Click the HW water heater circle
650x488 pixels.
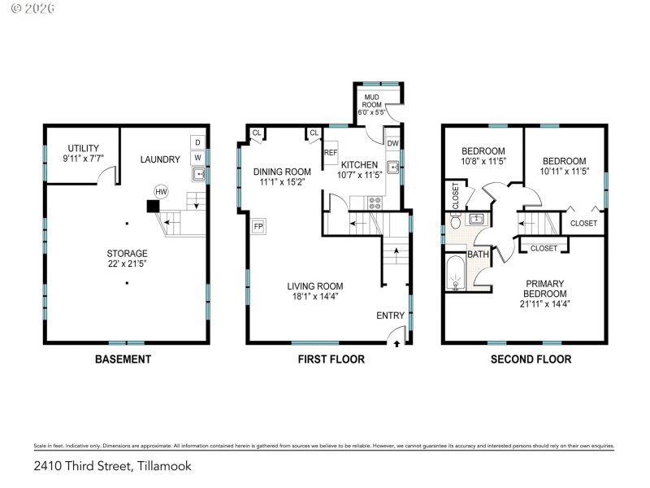tap(161, 192)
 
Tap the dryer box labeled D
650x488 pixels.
tap(197, 142)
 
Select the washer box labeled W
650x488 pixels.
tap(197, 157)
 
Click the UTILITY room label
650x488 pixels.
tap(84, 148)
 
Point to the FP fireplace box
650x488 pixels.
tap(259, 226)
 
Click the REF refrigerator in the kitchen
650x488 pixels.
tap(331, 153)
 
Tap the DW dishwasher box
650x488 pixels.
tap(392, 144)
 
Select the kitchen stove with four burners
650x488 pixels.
tap(375, 203)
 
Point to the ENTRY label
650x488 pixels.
tap(390, 316)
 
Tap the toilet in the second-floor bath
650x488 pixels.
tap(457, 220)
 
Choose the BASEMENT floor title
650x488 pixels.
tap(123, 359)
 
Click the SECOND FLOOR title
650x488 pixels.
tap(531, 359)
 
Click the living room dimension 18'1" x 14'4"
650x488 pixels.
tap(314, 296)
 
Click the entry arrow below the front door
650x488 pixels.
tap(396, 345)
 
